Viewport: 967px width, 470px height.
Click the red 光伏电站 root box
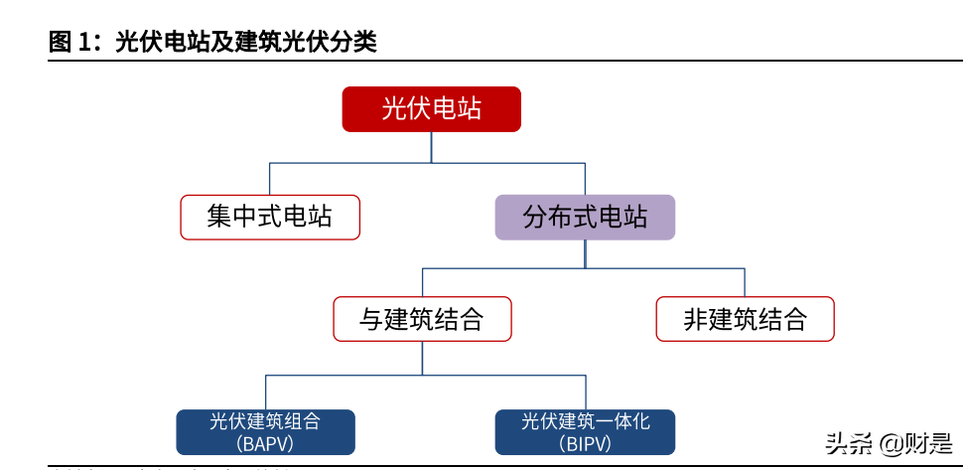[x=432, y=108]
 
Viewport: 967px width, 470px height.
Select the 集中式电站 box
[x=269, y=217]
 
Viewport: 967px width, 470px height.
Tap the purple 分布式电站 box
[x=585, y=217]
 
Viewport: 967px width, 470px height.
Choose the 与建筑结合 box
[x=422, y=319]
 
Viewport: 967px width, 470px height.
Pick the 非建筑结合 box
[x=745, y=319]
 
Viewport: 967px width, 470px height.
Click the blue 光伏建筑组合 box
[x=265, y=431]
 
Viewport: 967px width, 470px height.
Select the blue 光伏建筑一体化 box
[x=585, y=431]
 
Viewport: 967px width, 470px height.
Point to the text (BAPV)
[x=265, y=443]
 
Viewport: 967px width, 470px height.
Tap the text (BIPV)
[x=585, y=443]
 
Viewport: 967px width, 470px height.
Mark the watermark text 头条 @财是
[x=888, y=443]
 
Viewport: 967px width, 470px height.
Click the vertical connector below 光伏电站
[x=432, y=147]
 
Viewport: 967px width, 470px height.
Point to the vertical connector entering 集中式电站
[x=269, y=179]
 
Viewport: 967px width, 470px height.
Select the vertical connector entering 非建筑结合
[x=745, y=282]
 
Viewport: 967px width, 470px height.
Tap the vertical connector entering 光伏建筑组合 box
[x=265, y=392]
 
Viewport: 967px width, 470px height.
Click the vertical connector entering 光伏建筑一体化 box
[x=585, y=392]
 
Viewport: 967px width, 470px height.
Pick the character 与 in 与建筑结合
[x=370, y=319]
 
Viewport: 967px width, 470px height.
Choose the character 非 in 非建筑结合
[x=695, y=319]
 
